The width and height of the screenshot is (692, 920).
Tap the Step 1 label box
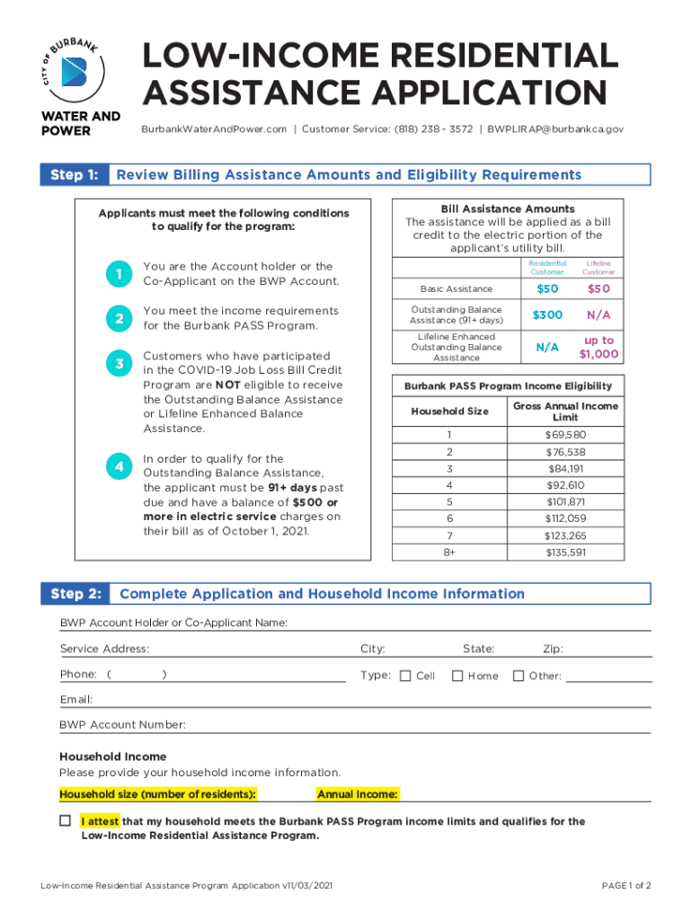[x=75, y=174]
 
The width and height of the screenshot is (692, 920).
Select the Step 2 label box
[x=75, y=594]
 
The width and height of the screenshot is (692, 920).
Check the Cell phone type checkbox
[x=405, y=676]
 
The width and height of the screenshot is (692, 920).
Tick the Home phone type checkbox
[x=457, y=676]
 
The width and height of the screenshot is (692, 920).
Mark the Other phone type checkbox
[x=518, y=676]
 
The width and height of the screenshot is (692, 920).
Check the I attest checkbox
[x=65, y=821]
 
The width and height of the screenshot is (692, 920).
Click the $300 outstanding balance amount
[x=547, y=314]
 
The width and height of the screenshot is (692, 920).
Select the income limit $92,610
[x=566, y=485]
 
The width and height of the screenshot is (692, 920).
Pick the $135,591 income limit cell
[x=566, y=553]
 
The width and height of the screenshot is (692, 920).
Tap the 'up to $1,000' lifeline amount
[x=599, y=347]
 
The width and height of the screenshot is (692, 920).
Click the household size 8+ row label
[x=449, y=553]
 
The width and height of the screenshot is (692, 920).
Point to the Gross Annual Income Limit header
[x=566, y=411]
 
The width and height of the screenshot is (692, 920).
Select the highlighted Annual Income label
[x=358, y=794]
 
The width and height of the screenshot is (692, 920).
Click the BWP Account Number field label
[x=123, y=724]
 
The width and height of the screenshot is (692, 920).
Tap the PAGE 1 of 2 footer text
[x=625, y=886]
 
